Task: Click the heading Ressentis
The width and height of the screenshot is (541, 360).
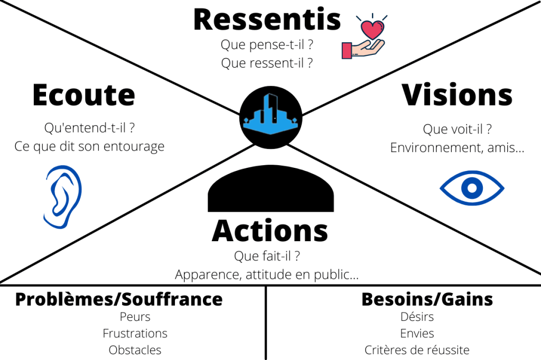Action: pos(267,20)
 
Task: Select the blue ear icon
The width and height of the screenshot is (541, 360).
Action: pos(62,196)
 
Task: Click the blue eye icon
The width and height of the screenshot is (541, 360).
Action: pos(472,187)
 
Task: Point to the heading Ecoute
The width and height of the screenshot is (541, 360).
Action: pos(83,96)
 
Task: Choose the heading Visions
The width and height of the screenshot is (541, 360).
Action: pos(457,95)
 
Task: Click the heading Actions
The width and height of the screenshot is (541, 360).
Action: pos(270,231)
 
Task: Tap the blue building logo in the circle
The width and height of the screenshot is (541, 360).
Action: pos(270,116)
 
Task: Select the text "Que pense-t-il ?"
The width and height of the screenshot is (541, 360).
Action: pos(267,44)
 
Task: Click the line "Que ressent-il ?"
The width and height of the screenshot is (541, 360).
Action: pos(267,63)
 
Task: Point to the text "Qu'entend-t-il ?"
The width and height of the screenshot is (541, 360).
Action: pos(89,128)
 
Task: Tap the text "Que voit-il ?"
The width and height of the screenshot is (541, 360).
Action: pos(458,129)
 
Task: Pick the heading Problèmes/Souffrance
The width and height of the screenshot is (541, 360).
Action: pos(119,299)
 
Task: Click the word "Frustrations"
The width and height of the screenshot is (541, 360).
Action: pos(135,333)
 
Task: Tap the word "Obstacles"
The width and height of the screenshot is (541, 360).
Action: pos(135,350)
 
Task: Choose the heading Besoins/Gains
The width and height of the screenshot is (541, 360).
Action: pos(427,299)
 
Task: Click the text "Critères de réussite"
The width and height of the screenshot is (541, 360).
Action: pos(417,350)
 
